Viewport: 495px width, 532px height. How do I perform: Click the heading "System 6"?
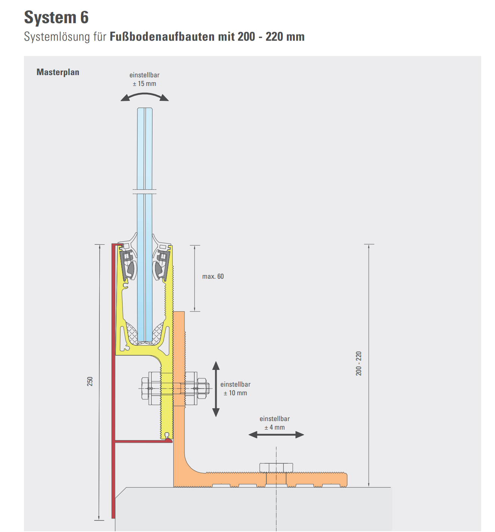coord(56,18)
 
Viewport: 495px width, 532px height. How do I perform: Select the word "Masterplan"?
coord(58,72)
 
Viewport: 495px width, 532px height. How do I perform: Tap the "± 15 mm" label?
coord(145,84)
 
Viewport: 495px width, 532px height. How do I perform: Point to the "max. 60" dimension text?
coord(213,276)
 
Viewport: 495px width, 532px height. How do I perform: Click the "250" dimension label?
coord(90,381)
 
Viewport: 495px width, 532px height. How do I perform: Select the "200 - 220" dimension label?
coord(359,363)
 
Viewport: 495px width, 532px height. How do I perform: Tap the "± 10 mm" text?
coord(235,393)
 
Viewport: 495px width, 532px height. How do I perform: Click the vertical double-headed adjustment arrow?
coord(216,389)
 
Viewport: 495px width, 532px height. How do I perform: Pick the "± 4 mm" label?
coord(275,427)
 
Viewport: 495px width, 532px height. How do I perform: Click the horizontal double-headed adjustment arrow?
coord(276,434)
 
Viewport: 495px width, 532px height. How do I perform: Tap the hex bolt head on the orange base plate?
coord(276,467)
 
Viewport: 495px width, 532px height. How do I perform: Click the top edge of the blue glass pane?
coord(145,109)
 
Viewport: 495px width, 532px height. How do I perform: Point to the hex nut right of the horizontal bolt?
coord(202,389)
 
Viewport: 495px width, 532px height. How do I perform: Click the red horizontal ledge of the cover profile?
coord(142,441)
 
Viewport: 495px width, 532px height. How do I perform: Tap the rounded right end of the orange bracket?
coord(345,480)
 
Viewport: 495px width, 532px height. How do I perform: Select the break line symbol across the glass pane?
coord(145,192)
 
